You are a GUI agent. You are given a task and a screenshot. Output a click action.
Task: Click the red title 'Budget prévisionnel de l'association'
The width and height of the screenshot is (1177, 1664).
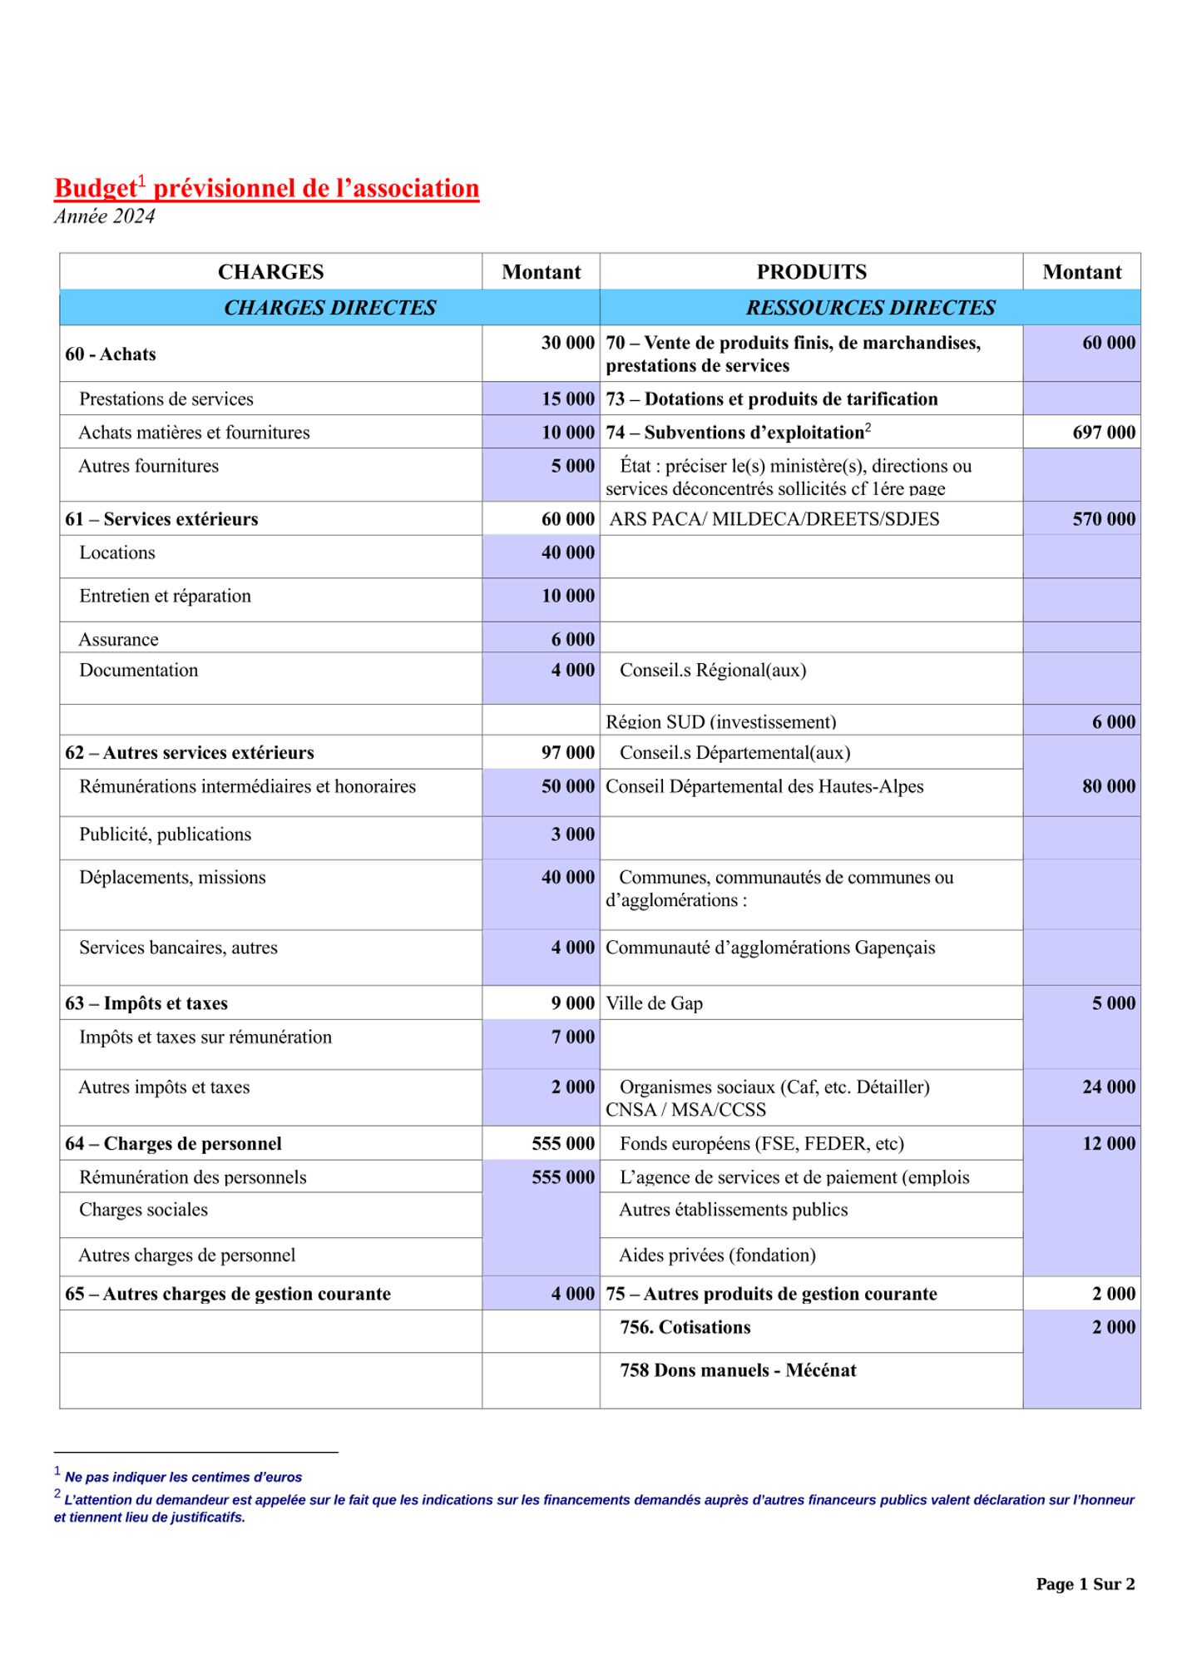(266, 188)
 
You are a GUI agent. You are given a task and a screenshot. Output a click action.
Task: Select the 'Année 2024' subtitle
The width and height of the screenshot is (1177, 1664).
(105, 216)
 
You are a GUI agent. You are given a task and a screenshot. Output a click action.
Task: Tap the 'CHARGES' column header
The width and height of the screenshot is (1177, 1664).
(270, 272)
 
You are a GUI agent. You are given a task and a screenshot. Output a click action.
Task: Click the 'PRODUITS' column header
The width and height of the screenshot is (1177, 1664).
(811, 272)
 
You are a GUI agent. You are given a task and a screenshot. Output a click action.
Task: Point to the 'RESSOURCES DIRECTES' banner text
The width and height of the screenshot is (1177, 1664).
(870, 308)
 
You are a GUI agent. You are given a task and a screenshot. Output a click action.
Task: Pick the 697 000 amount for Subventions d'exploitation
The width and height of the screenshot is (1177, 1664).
(1104, 433)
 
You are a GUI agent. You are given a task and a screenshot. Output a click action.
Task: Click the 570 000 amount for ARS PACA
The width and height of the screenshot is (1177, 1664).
(1104, 519)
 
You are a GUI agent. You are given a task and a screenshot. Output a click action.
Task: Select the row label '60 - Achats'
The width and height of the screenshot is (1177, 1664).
(111, 354)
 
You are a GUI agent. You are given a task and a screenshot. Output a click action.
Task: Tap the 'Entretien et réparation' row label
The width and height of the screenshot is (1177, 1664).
(165, 596)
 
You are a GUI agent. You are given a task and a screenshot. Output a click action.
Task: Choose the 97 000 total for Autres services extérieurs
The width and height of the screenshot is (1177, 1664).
(568, 753)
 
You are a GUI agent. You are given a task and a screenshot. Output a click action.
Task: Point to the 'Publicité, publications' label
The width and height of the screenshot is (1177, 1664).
(165, 834)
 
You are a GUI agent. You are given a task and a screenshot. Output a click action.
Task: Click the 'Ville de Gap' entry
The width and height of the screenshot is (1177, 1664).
(655, 1003)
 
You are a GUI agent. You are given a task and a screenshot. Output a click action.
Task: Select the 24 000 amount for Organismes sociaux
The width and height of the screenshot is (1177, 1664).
(1109, 1087)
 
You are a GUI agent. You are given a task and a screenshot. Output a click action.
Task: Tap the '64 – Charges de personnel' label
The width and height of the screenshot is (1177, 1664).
(173, 1144)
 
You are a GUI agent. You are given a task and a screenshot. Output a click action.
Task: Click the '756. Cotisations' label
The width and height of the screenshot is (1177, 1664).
(685, 1327)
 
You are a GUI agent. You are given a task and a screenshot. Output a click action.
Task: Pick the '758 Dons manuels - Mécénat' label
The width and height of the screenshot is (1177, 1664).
(738, 1370)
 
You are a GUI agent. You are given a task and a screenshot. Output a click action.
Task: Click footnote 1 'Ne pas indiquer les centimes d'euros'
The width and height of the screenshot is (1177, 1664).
(183, 1477)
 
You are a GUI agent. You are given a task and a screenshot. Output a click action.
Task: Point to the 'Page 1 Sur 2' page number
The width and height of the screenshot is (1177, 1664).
(1085, 1584)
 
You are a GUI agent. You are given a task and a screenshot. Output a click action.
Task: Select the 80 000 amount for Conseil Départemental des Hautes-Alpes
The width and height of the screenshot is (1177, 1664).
(1109, 786)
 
